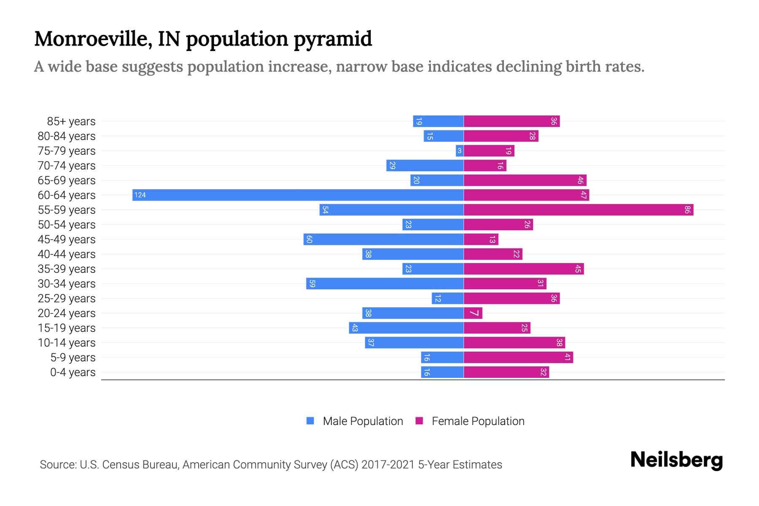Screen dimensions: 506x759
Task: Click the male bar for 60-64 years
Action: pos(298,195)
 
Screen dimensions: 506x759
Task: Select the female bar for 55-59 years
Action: pos(579,210)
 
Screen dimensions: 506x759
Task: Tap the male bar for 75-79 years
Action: pos(460,151)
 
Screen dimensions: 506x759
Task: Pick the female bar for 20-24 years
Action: pos(473,313)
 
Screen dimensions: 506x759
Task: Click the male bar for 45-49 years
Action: pos(383,239)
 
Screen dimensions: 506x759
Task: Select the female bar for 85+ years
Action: pos(511,121)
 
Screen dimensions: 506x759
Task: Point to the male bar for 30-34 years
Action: pos(385,283)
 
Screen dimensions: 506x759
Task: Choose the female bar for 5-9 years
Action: pos(518,357)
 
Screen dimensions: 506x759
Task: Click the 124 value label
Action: pos(140,195)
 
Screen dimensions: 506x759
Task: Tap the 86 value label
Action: pos(687,210)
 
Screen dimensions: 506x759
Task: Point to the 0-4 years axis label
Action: pos(73,372)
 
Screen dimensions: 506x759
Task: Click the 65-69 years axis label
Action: pos(67,180)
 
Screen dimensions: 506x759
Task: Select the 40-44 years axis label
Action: pos(67,254)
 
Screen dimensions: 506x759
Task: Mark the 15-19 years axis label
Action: pos(67,328)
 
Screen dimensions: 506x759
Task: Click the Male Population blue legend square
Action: pos(310,421)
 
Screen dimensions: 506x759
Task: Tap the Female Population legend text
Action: pos(478,421)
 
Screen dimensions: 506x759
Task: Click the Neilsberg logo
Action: pos(676,460)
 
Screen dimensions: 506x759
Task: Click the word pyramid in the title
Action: pos(333,39)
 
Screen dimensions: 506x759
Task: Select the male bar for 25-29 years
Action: pos(447,298)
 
